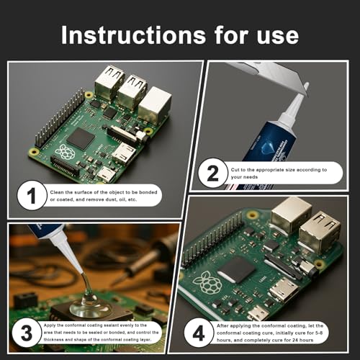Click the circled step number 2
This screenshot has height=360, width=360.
coord(212,174)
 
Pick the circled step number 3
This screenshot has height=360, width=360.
coord(27,333)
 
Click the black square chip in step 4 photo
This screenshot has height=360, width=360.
coord(238,269)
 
